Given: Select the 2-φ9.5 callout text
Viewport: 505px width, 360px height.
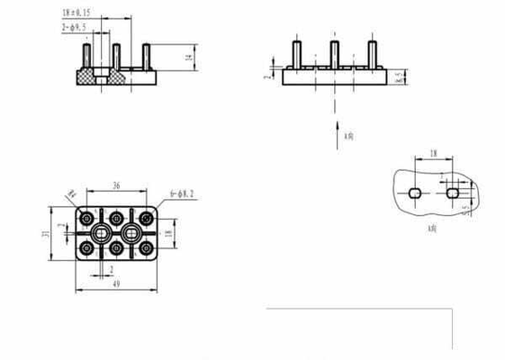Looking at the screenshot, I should pos(75,28).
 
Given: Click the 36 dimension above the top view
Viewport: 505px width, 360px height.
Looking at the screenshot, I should pos(116,186).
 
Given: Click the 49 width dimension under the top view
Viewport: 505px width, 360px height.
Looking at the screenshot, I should pos(116,283).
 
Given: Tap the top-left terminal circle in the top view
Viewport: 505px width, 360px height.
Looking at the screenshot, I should pos(86,218).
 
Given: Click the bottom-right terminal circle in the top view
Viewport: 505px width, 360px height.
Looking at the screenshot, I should pos(146,248).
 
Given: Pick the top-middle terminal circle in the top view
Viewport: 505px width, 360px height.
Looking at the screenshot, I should pos(116,218).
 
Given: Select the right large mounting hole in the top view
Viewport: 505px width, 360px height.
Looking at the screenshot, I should pos(132,233).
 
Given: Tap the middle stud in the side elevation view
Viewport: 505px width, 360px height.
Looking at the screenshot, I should pos(334,54).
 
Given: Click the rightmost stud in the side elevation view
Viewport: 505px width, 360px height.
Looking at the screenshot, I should pos(371,54).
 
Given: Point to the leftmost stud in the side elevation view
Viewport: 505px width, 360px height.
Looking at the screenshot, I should pos(296,54).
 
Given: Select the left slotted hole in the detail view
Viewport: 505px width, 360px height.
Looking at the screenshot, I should pos(414,193).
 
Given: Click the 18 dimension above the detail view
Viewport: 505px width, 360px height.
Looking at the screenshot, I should pos(433,155).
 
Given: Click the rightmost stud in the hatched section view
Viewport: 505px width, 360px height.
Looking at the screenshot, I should pos(145,58).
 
